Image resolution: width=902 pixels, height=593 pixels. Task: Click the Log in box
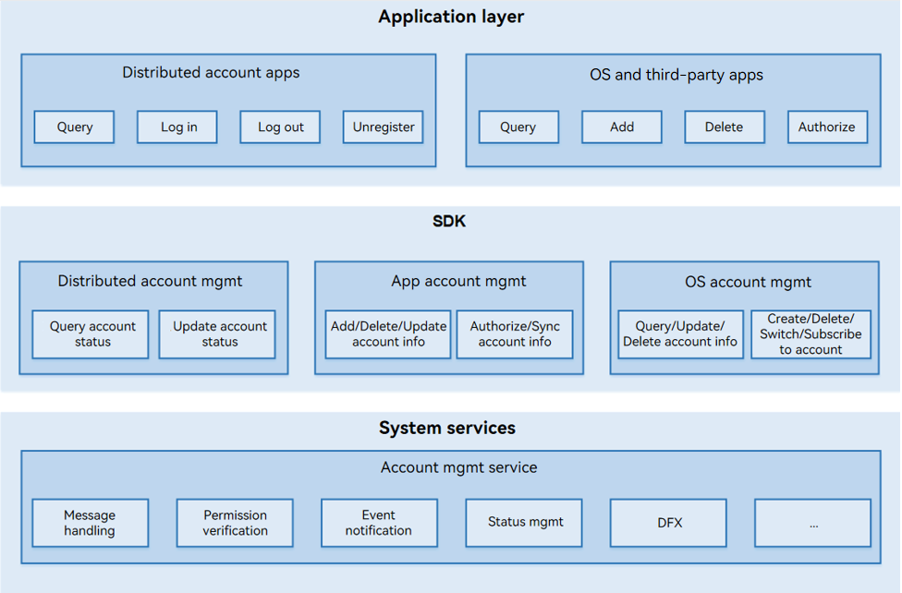point(177,127)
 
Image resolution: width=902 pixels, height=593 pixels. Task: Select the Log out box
point(280,127)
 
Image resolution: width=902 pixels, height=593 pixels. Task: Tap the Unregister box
point(384,127)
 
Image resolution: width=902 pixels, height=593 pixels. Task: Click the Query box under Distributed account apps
point(74,127)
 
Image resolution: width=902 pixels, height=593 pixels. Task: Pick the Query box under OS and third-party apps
point(518,127)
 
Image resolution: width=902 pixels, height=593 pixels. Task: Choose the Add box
point(622,127)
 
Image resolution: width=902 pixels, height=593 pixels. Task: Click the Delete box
point(725,127)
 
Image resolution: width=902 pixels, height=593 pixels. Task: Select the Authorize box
point(828,127)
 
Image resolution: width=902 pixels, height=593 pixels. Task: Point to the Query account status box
point(91,334)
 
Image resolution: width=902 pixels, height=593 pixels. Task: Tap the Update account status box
point(217,334)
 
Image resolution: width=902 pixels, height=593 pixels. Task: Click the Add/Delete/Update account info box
point(388,334)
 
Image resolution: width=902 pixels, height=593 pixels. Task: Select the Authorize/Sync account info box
point(515,334)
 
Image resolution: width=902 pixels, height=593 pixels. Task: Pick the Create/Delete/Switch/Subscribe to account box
point(811,334)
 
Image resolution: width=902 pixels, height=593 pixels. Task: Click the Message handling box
point(91,523)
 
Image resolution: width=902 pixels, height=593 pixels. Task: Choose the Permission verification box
point(235,523)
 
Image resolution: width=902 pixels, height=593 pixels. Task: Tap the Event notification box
point(379,523)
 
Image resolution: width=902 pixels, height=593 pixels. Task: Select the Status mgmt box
point(523,523)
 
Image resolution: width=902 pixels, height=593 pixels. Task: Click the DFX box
point(668,523)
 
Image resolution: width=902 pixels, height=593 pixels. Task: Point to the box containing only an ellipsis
point(813,523)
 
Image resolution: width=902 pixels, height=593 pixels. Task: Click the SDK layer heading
point(449,222)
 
